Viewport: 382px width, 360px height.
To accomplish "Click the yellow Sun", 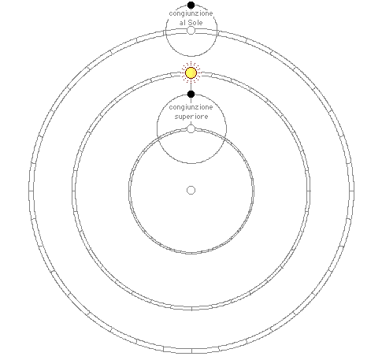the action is click(x=191, y=73).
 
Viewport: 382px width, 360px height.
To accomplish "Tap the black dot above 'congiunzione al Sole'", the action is click(x=191, y=5).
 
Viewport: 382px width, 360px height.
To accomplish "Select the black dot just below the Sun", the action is click(x=191, y=94).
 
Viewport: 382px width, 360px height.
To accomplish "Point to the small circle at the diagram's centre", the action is click(x=191, y=190).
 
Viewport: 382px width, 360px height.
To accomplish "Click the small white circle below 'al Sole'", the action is click(x=191, y=31).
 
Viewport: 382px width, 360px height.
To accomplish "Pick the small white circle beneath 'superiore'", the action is click(x=191, y=129).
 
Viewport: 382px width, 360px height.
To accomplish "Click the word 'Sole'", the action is click(x=195, y=23).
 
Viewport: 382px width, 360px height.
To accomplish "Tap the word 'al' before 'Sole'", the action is click(x=182, y=23).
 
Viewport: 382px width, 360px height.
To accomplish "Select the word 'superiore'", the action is click(x=191, y=117).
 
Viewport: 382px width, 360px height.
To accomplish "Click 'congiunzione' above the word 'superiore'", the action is click(x=191, y=107).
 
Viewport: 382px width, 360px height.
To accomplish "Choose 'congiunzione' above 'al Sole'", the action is click(x=191, y=13).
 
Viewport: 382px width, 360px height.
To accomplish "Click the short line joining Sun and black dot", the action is click(x=191, y=84).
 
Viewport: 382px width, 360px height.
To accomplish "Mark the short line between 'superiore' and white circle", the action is click(x=191, y=123).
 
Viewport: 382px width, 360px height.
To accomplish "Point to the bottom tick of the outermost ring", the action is click(x=191, y=351).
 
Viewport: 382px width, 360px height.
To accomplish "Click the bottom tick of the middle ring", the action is click(x=191, y=308).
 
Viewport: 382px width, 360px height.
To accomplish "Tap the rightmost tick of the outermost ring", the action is click(x=351, y=191).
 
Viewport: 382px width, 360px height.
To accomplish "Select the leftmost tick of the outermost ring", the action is click(x=32, y=191).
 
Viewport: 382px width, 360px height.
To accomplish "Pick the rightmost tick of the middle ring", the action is click(x=309, y=191).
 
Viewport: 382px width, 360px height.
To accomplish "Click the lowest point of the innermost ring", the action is click(x=191, y=253).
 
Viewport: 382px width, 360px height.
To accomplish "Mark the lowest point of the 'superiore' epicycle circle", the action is click(x=191, y=163).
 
